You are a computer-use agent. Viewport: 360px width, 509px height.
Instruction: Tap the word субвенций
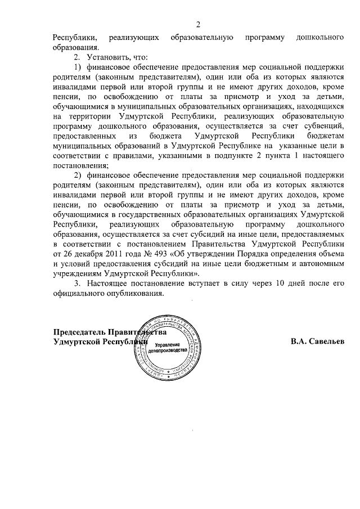pyautogui.click(x=321, y=126)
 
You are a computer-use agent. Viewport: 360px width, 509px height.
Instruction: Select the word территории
pyautogui.click(x=88, y=116)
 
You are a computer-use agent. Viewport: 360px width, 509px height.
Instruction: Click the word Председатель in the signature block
pyautogui.click(x=79, y=331)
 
